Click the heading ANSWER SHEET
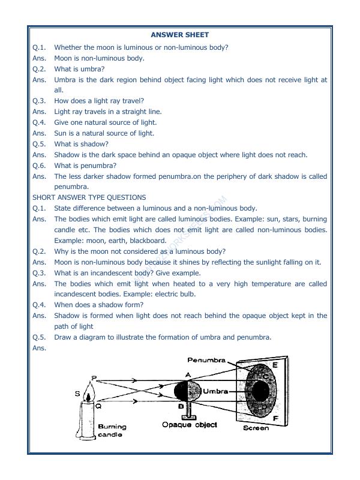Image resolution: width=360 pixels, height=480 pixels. tap(180, 35)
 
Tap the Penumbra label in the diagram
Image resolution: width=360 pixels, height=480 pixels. tap(206, 361)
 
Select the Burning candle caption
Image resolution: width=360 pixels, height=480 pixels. tap(112, 430)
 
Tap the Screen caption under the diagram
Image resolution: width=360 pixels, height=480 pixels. tap(256, 428)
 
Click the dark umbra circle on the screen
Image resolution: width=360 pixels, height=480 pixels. tap(259, 391)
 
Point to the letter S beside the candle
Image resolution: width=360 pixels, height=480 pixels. tap(77, 394)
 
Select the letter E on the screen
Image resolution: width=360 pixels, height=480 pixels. tap(275, 364)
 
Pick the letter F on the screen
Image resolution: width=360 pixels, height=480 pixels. tap(275, 418)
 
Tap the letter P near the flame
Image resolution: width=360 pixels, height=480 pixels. tap(93, 378)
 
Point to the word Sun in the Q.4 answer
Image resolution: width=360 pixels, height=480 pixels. tap(61, 133)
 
